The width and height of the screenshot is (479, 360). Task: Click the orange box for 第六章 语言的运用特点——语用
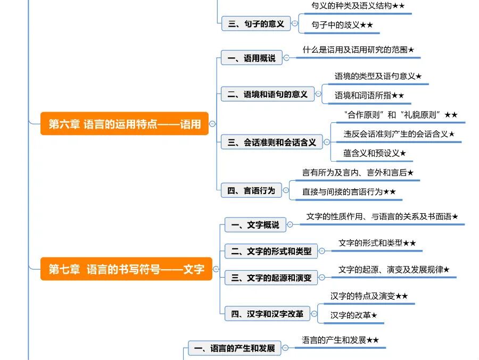(125, 124)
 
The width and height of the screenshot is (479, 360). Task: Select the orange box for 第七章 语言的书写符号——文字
(126, 269)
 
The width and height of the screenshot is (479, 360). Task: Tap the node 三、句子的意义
(255, 24)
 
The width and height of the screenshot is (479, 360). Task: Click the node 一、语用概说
(251, 58)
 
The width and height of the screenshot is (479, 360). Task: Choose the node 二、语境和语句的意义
(267, 94)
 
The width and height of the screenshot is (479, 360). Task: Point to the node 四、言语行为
(251, 190)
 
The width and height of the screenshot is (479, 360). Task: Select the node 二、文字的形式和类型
(271, 251)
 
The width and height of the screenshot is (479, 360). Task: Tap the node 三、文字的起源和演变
(271, 278)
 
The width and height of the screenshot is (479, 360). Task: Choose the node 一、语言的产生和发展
(234, 349)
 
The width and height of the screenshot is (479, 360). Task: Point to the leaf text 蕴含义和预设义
(371, 153)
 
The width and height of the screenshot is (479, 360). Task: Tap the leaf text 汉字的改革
(350, 315)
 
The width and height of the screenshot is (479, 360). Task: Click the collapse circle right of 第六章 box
(212, 124)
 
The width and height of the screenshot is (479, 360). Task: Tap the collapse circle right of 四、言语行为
(287, 190)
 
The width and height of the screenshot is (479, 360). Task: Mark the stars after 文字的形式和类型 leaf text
(409, 243)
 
